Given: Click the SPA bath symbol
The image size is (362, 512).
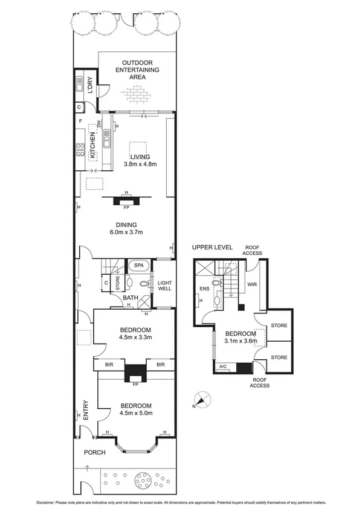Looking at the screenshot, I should coord(138,265).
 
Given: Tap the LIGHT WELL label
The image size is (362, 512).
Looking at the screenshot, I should coord(164,285).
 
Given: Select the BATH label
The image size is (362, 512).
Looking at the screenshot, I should coord(131,298).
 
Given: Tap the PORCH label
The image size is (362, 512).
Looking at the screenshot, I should coord(95,452).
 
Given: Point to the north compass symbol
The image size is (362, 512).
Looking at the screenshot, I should coord(202,400).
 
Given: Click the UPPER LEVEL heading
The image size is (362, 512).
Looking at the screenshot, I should coord(212,248).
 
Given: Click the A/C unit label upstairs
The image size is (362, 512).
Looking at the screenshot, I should coord(222,366).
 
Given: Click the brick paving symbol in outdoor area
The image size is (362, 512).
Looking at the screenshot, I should coord(137,94).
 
